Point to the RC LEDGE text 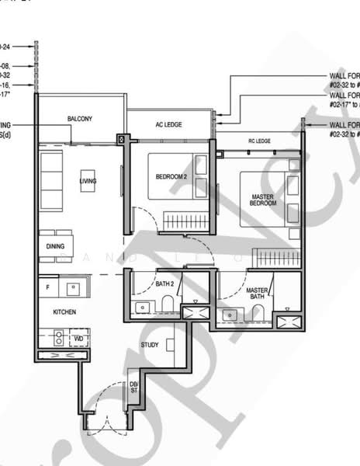click(x=259, y=141)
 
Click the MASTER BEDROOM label click(x=262, y=200)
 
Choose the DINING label click(x=54, y=246)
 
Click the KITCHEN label click(x=64, y=311)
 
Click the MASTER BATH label click(x=257, y=294)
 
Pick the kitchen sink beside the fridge click(x=74, y=288)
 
